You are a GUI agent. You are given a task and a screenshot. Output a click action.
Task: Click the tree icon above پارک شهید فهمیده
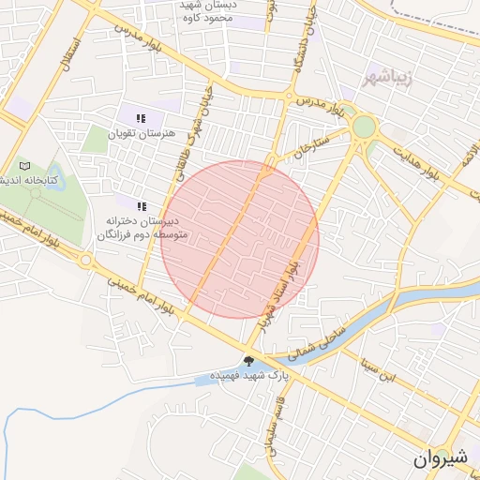click(x=248, y=361)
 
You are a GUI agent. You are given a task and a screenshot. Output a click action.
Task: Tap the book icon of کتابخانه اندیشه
click(x=24, y=166)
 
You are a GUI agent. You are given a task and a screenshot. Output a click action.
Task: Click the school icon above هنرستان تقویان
click(x=141, y=118)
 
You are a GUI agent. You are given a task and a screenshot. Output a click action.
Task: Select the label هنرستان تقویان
click(x=141, y=133)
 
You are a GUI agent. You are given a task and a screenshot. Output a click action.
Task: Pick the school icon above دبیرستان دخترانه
click(x=142, y=206)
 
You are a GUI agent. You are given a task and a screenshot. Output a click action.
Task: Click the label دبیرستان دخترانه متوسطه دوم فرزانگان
click(x=142, y=228)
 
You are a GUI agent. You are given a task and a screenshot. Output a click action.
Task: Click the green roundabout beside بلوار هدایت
click(x=365, y=127)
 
